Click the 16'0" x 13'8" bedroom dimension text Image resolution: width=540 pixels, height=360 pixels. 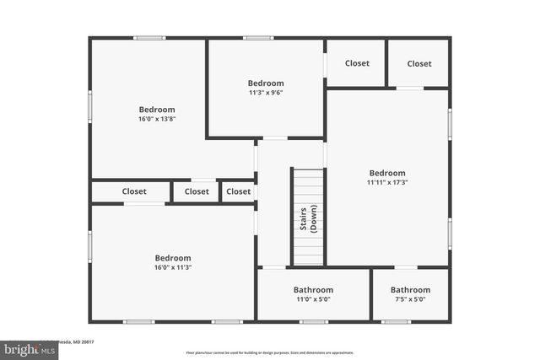click(x=157, y=119)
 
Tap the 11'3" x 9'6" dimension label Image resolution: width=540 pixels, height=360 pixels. click(x=266, y=93)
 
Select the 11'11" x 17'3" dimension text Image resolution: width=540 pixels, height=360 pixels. click(x=387, y=182)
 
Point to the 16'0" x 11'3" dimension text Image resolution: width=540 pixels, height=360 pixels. click(x=172, y=267)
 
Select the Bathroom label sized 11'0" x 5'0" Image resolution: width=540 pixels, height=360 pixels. click(x=313, y=290)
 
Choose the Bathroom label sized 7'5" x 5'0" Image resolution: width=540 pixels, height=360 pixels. click(x=410, y=290)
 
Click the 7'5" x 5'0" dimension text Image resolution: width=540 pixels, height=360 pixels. click(x=410, y=299)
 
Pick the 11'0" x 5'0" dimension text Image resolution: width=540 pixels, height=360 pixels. click(x=313, y=299)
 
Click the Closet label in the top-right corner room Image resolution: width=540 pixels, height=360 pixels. click(x=419, y=63)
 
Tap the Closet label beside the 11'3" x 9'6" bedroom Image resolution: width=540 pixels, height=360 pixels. click(x=357, y=63)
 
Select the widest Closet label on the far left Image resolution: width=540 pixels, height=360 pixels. click(x=134, y=191)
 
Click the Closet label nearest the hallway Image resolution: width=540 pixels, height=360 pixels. click(x=239, y=191)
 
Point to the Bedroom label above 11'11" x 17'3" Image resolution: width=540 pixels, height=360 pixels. click(x=387, y=173)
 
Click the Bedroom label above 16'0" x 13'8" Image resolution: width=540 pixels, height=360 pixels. click(x=157, y=110)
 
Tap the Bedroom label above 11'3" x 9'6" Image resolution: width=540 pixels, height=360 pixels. click(x=266, y=83)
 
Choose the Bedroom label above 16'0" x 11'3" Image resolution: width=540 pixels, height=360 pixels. click(x=172, y=258)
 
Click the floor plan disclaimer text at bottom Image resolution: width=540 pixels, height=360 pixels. click(x=270, y=352)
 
